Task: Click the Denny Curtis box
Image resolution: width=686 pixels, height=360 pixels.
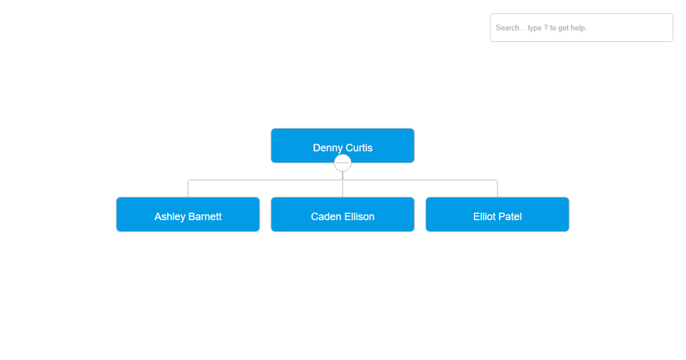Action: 342,145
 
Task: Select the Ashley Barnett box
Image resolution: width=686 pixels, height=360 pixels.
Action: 188,214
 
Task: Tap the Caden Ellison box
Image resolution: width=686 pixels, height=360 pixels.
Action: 342,214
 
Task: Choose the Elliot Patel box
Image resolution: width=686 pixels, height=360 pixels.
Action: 497,214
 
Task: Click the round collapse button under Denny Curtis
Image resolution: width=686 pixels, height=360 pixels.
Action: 342,163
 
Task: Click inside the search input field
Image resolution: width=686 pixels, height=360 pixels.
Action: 581,27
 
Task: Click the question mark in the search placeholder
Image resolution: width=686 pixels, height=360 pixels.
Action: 546,28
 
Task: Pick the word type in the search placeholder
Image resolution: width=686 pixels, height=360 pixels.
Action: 535,29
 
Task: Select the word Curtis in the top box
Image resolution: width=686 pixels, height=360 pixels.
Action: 359,148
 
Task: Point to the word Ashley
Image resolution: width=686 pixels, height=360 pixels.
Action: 170,217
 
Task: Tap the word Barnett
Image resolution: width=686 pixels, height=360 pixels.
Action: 205,217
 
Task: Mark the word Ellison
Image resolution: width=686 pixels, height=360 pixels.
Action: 359,217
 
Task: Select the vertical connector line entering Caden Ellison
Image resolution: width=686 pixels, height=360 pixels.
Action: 342,189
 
